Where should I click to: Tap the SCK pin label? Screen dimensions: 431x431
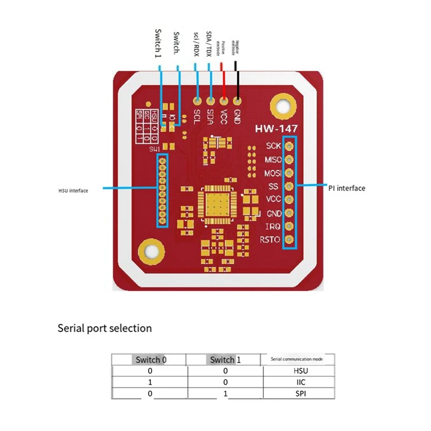273,146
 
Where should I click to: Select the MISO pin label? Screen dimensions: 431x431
272,159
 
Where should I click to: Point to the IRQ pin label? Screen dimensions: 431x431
273,226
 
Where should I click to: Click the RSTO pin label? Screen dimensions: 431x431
270,240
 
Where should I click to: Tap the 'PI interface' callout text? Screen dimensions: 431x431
346,188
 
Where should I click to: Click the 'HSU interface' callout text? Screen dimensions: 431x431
73,190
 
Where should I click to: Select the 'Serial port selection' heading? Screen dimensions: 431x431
105,328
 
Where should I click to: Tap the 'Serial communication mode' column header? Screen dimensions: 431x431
297,359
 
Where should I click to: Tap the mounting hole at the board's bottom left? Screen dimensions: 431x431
150,251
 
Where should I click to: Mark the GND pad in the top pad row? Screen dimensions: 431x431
237,100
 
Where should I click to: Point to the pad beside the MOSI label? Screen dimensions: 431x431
289,173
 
